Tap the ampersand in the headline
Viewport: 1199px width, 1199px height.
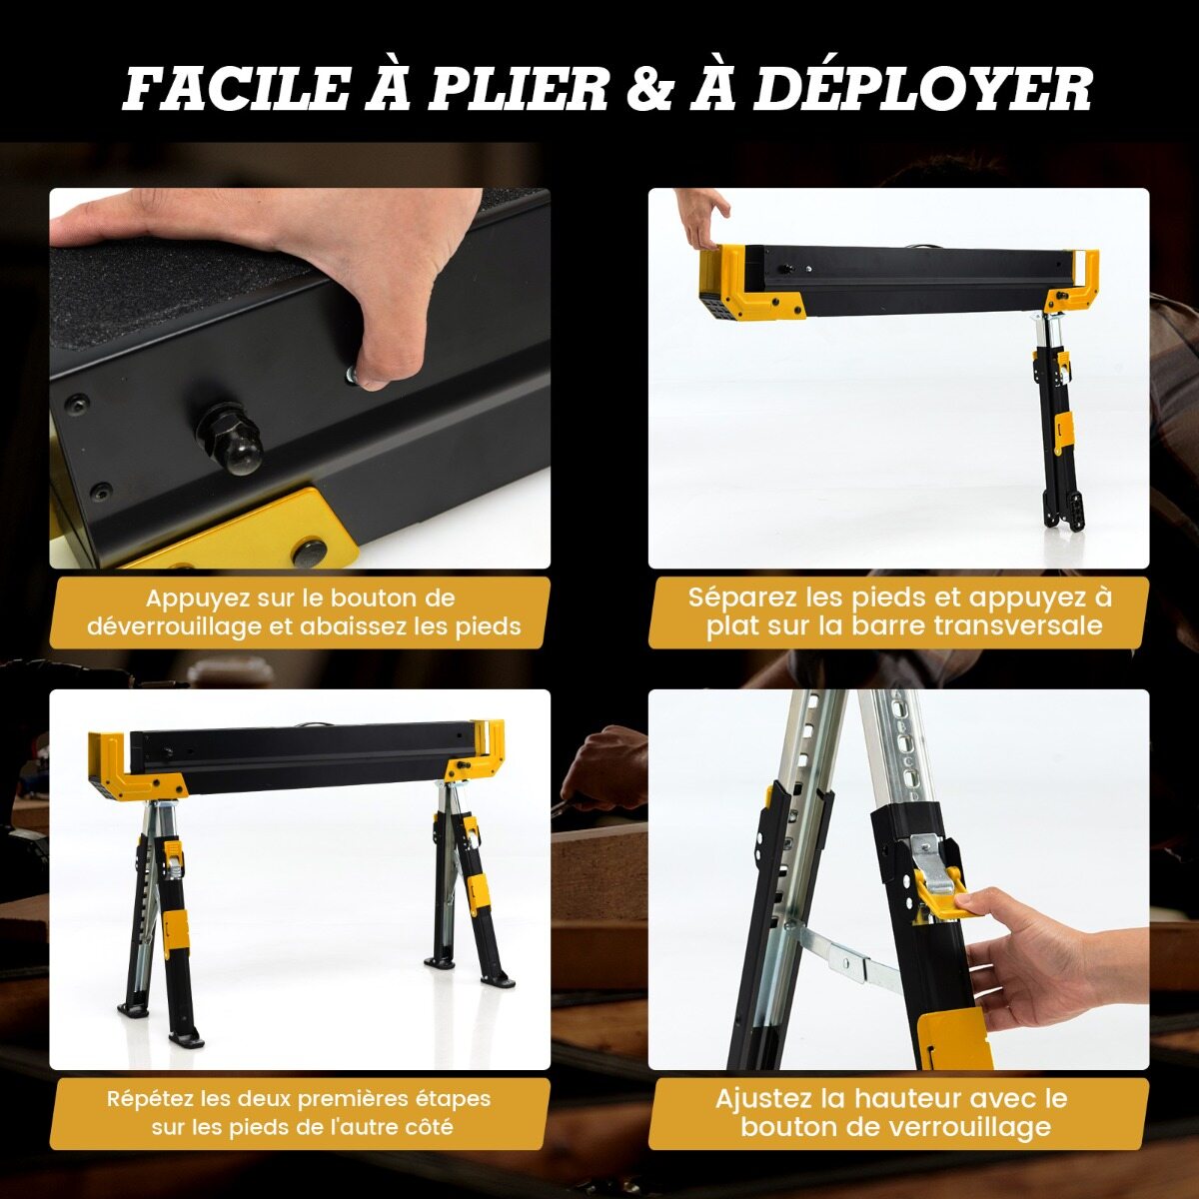pyautogui.click(x=649, y=88)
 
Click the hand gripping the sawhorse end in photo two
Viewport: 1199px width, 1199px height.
pyautogui.click(x=703, y=218)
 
